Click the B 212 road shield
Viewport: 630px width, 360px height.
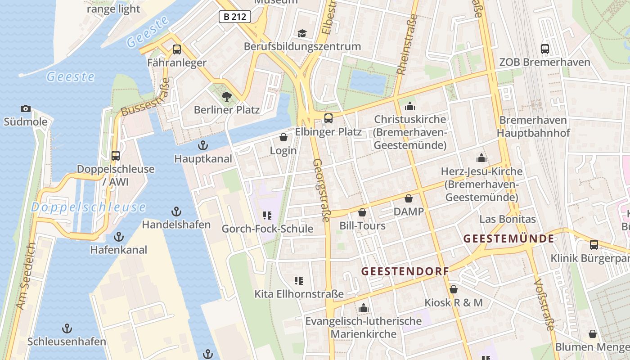pyautogui.click(x=234, y=17)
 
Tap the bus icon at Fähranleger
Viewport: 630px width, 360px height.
pyautogui.click(x=177, y=49)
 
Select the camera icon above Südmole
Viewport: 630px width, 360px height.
pyautogui.click(x=26, y=108)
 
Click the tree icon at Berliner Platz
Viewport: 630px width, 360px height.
pyautogui.click(x=226, y=96)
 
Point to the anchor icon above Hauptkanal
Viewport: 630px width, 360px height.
pyautogui.click(x=203, y=145)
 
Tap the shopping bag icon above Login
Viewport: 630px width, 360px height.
pyautogui.click(x=283, y=137)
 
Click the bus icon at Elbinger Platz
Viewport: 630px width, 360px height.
pyautogui.click(x=328, y=118)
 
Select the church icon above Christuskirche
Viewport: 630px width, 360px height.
pyautogui.click(x=410, y=106)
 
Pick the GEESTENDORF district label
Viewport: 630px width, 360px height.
pyautogui.click(x=405, y=271)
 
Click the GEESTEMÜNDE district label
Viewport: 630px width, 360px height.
pyautogui.click(x=508, y=238)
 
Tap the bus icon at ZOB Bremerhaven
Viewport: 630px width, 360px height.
pyautogui.click(x=545, y=49)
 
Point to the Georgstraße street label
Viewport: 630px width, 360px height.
pyautogui.click(x=322, y=190)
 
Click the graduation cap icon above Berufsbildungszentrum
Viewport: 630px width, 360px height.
pyautogui.click(x=302, y=33)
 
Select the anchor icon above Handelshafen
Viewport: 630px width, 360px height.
pyautogui.click(x=176, y=211)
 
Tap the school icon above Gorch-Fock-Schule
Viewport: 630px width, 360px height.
pyautogui.click(x=267, y=216)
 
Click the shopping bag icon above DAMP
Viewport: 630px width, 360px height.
pyautogui.click(x=409, y=198)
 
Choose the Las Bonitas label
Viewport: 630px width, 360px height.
pyautogui.click(x=508, y=219)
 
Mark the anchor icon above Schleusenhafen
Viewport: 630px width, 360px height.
pyautogui.click(x=67, y=328)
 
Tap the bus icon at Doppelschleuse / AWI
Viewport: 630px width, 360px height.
pyautogui.click(x=116, y=156)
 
